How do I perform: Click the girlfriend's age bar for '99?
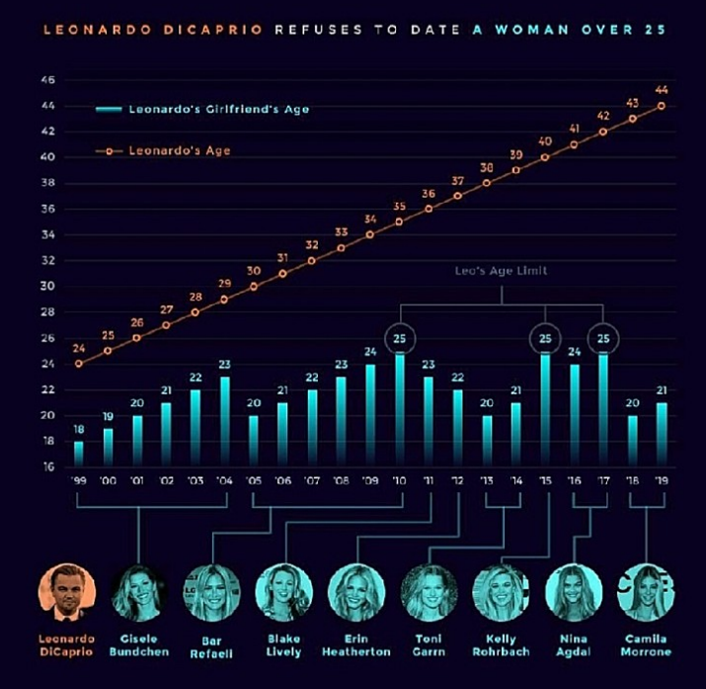[x=79, y=453]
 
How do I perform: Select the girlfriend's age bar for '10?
[x=400, y=410]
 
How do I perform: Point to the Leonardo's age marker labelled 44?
[x=661, y=106]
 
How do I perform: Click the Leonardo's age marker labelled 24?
[x=79, y=364]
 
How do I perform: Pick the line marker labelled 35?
[x=400, y=221]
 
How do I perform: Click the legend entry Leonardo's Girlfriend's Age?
[x=218, y=110]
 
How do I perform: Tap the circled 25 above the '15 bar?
[x=544, y=339]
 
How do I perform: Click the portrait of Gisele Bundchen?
[x=138, y=590]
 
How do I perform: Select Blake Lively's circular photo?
[x=284, y=590]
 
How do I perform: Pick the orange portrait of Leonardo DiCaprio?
[x=65, y=590]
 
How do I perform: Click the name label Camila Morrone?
[x=646, y=646]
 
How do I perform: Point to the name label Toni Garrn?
[x=430, y=646]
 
